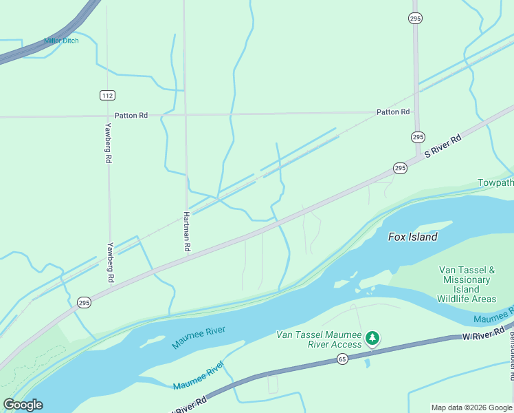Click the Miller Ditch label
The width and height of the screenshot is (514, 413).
[61, 41]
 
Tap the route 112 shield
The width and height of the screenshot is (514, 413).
[106, 94]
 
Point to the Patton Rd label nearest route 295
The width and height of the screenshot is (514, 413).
[392, 112]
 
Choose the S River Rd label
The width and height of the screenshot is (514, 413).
[442, 146]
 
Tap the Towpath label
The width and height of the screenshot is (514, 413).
[495, 183]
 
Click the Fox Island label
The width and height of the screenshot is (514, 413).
[412, 237]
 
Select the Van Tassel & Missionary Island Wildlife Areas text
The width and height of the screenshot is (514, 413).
[467, 284]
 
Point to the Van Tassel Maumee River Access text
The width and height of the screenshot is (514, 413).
[318, 339]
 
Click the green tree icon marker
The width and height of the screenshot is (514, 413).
[372, 337]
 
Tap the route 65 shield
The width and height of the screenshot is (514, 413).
[342, 359]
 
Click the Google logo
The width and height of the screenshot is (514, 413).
[23, 405]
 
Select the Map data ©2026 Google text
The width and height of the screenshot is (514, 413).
[471, 407]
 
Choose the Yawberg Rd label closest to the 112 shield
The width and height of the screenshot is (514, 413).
[108, 142]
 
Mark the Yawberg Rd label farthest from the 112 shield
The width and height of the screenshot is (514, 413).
[110, 263]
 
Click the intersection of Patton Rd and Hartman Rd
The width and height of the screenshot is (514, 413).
[185, 115]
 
